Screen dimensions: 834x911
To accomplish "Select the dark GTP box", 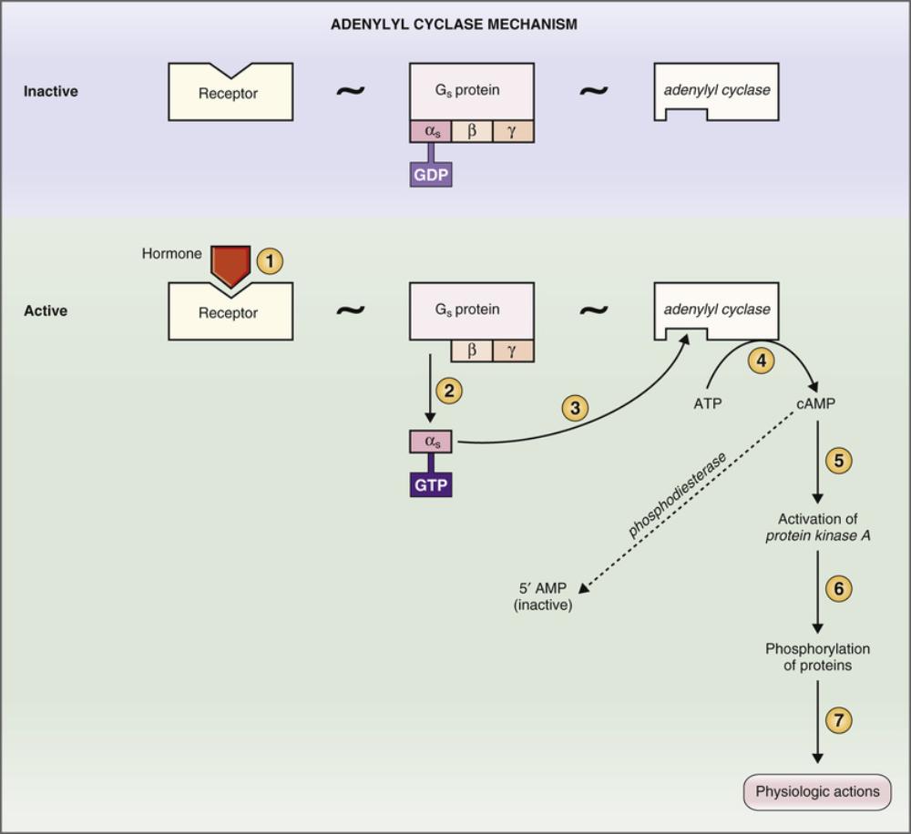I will pos(430,484).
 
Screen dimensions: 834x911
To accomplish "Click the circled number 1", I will pos(270,261).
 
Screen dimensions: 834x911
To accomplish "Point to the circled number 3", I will pos(574,407).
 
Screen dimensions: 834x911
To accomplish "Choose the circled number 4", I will pos(762,361).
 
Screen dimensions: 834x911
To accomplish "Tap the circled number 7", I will pos(838,720).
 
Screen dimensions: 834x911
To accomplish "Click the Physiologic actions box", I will pos(817,791).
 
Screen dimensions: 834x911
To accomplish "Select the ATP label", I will pos(707,402).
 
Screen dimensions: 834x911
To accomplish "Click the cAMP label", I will pos(818,402).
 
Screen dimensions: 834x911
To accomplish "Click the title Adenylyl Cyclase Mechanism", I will pos(453,25).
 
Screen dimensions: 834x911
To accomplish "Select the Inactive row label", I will pos(51,92).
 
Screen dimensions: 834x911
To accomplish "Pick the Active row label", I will pos(46,310).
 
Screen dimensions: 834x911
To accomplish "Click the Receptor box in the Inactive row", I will pos(230,93).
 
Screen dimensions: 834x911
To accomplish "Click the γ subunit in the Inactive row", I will pos(513,131).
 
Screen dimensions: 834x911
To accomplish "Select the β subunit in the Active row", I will pos(472,351).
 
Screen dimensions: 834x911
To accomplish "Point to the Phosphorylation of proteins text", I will pos(817,656).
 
